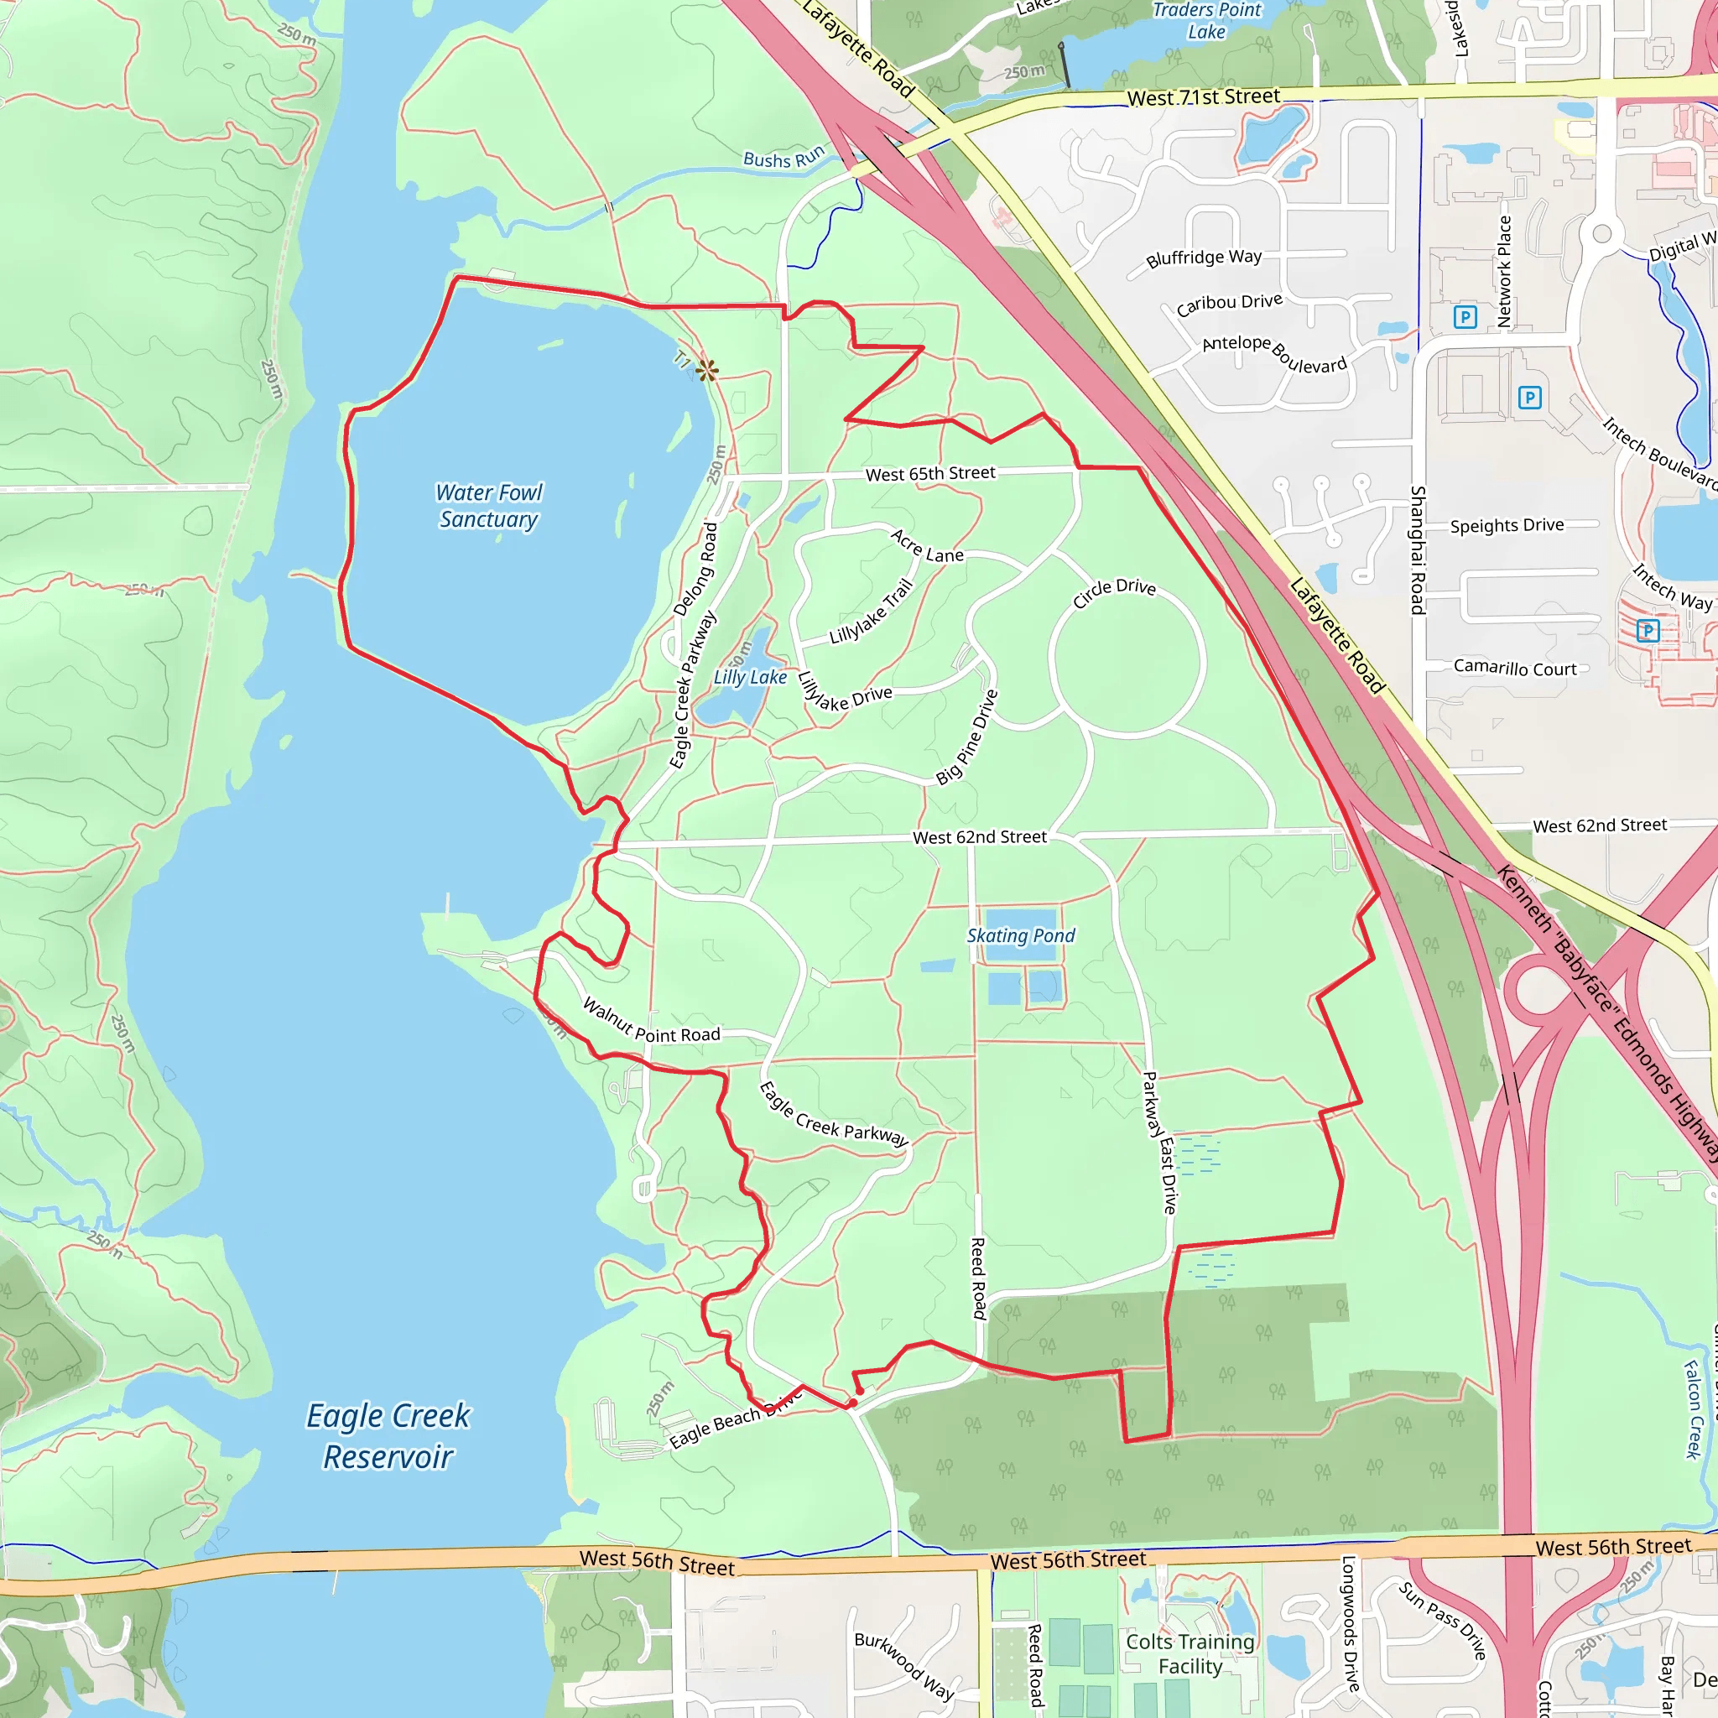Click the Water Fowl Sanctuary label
488,506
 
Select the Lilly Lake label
750,677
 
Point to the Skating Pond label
1021,935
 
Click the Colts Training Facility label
1190,1654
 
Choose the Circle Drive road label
1113,592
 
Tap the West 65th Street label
930,474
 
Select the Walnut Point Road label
651,1022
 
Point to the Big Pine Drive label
967,737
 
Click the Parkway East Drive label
1159,1143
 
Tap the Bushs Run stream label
784,159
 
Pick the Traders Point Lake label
1206,20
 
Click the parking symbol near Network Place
1466,317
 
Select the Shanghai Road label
1418,549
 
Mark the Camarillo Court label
1515,668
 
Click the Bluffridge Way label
1204,258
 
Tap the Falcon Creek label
1693,1409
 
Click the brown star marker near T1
707,370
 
